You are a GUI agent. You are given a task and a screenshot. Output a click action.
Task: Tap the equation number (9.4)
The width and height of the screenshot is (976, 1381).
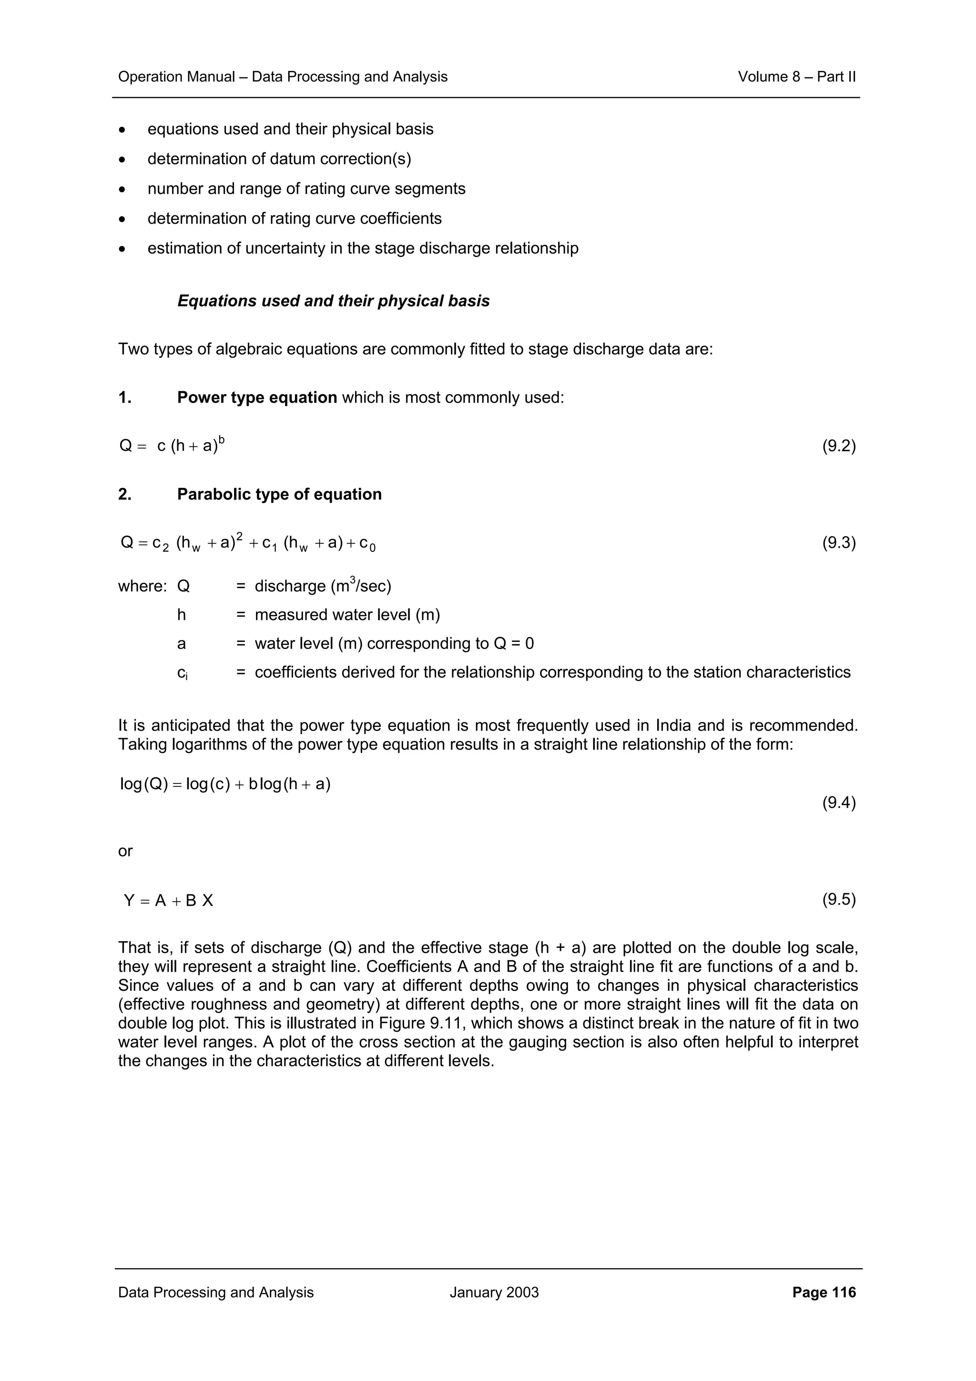tap(838, 802)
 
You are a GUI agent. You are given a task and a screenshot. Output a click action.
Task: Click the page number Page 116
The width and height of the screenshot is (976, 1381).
tap(823, 1292)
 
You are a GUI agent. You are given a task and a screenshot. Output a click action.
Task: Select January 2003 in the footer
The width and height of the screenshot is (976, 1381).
tap(494, 1292)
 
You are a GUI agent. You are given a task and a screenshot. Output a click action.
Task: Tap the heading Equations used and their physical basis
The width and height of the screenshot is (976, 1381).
tap(333, 301)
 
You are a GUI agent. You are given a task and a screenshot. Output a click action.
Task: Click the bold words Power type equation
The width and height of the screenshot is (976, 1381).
tap(257, 397)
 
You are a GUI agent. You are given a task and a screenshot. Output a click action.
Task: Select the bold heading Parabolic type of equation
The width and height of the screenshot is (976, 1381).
tap(279, 495)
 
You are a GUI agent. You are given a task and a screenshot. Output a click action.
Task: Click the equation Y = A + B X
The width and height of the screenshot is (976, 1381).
tap(168, 901)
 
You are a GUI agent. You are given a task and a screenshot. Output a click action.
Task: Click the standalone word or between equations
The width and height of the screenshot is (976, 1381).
tap(125, 851)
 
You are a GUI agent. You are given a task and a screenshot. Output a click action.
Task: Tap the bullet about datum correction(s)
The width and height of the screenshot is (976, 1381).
tap(279, 159)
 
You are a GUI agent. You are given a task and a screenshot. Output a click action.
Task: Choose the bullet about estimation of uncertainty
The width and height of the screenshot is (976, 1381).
tap(363, 248)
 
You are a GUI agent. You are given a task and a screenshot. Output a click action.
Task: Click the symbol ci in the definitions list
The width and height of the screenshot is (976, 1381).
tap(182, 673)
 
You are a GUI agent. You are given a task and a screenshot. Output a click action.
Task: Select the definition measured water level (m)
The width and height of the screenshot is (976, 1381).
tap(347, 615)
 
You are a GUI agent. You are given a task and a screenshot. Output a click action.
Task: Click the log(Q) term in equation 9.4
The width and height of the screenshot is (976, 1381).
tap(144, 784)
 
